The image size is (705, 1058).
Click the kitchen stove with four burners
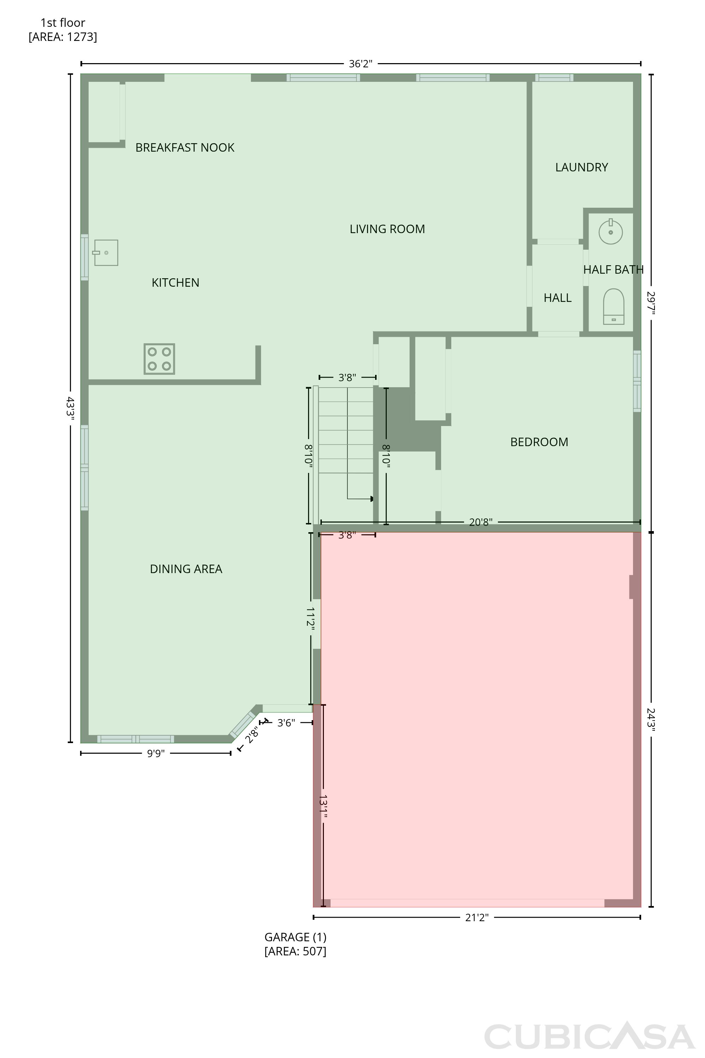[159, 359]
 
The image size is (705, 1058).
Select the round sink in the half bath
[610, 231]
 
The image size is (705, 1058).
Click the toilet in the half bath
[613, 306]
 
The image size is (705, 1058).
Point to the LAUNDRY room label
[582, 167]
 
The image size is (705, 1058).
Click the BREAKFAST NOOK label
[185, 147]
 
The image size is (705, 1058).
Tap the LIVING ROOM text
[387, 229]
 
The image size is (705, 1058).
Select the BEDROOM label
[539, 442]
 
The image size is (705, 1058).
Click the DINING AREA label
[186, 569]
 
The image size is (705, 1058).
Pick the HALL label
[558, 298]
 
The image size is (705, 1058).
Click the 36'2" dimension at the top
[361, 64]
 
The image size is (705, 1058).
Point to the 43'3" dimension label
[70, 408]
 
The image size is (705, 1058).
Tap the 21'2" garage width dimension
[477, 917]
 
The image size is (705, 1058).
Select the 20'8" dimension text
[481, 522]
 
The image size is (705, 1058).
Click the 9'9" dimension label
[156, 753]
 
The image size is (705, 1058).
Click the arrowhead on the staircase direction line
[372, 499]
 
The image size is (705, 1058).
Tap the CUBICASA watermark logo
[590, 1036]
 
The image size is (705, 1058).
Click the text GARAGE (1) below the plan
[295, 937]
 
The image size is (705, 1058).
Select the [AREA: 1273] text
[63, 37]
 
